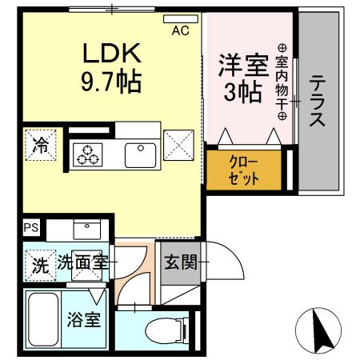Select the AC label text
(x=182, y=32)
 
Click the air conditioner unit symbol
(x=181, y=18)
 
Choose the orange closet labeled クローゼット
(x=244, y=169)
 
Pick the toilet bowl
(x=160, y=328)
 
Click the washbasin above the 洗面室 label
(x=87, y=228)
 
